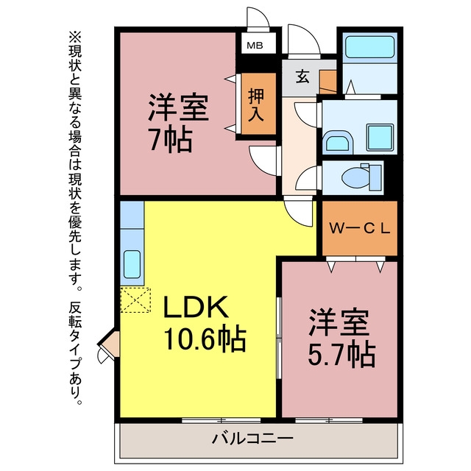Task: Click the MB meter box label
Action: point(255,46)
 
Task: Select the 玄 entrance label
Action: point(302,77)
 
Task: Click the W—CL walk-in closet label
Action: point(360,229)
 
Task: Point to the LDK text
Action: point(196,307)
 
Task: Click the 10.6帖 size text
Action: point(205,339)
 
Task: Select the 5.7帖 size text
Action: point(341,354)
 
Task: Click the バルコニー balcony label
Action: point(252,439)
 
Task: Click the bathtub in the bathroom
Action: point(369,47)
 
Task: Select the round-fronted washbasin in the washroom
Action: point(338,141)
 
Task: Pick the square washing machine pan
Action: point(380,138)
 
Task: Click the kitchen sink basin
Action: point(132,264)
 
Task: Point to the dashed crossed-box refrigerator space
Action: point(135,300)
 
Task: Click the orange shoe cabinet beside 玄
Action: point(327,82)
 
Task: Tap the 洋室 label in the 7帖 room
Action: point(178,107)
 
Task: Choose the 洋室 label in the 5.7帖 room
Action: point(339,322)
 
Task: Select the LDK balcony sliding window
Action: point(222,420)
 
